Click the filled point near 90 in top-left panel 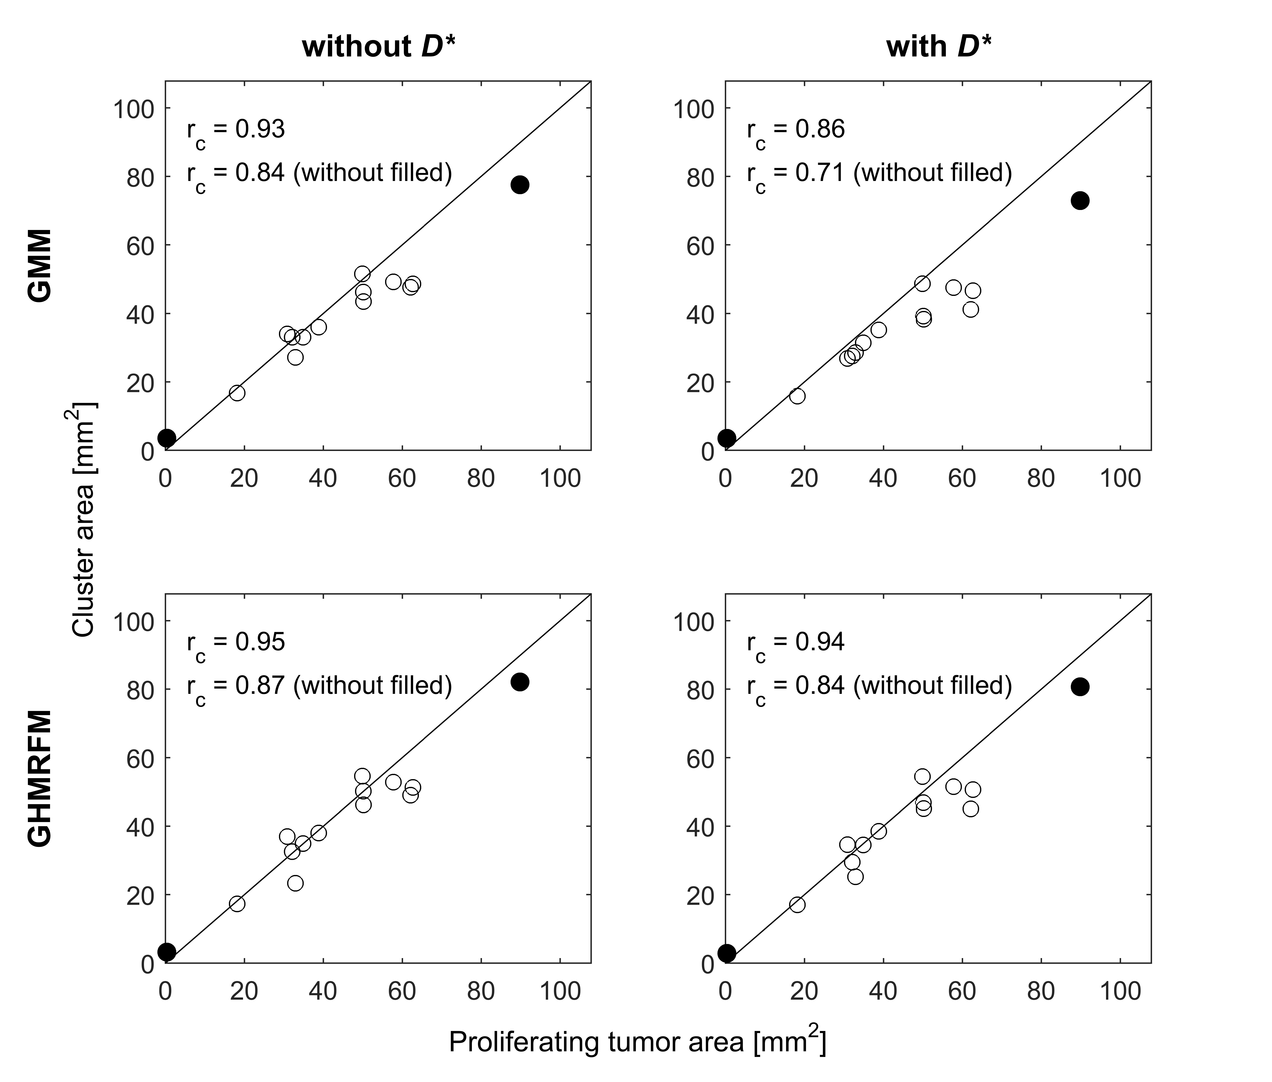tap(520, 185)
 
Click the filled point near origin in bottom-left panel tap(167, 952)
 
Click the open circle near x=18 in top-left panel tap(237, 393)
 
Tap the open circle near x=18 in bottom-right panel tap(797, 904)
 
